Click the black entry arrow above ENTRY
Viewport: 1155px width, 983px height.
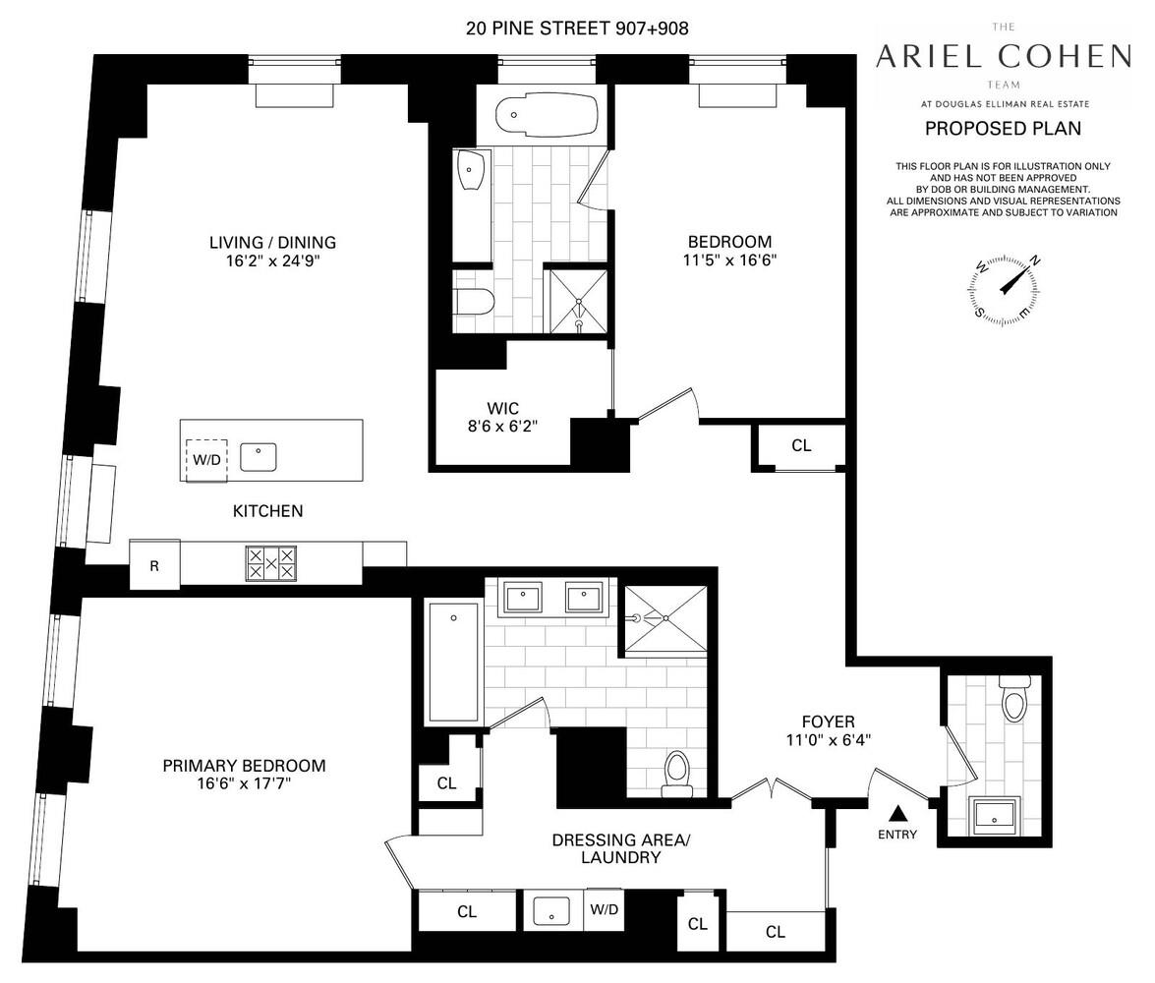pos(897,813)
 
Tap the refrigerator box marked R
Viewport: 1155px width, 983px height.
pos(154,566)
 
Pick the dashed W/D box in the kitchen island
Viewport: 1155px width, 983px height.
pos(206,460)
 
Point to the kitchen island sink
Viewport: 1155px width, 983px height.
pos(259,456)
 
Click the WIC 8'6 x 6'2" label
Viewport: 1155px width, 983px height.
pos(501,417)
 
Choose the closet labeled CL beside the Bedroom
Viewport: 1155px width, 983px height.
pos(801,446)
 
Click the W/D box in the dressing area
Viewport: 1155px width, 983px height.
pos(605,910)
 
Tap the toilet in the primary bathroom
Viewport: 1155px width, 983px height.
pos(677,773)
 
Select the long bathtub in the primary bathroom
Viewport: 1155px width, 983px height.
pos(453,664)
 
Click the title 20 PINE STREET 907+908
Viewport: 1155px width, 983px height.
pos(577,29)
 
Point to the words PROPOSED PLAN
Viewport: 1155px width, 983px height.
pos(1003,128)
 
